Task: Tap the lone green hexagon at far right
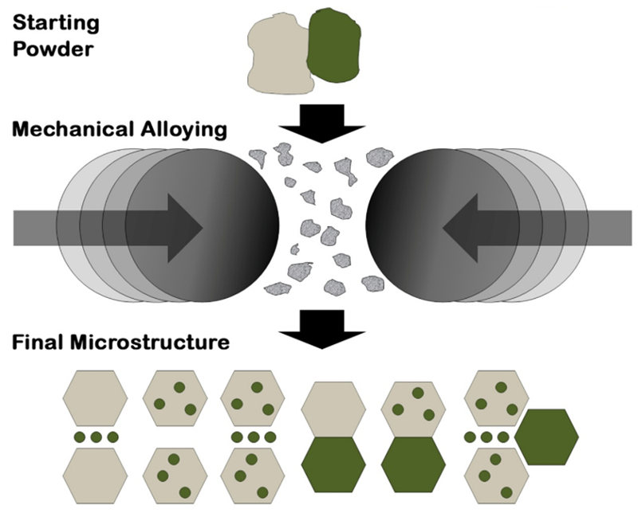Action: [546, 437]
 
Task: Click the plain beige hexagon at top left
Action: [95, 397]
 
